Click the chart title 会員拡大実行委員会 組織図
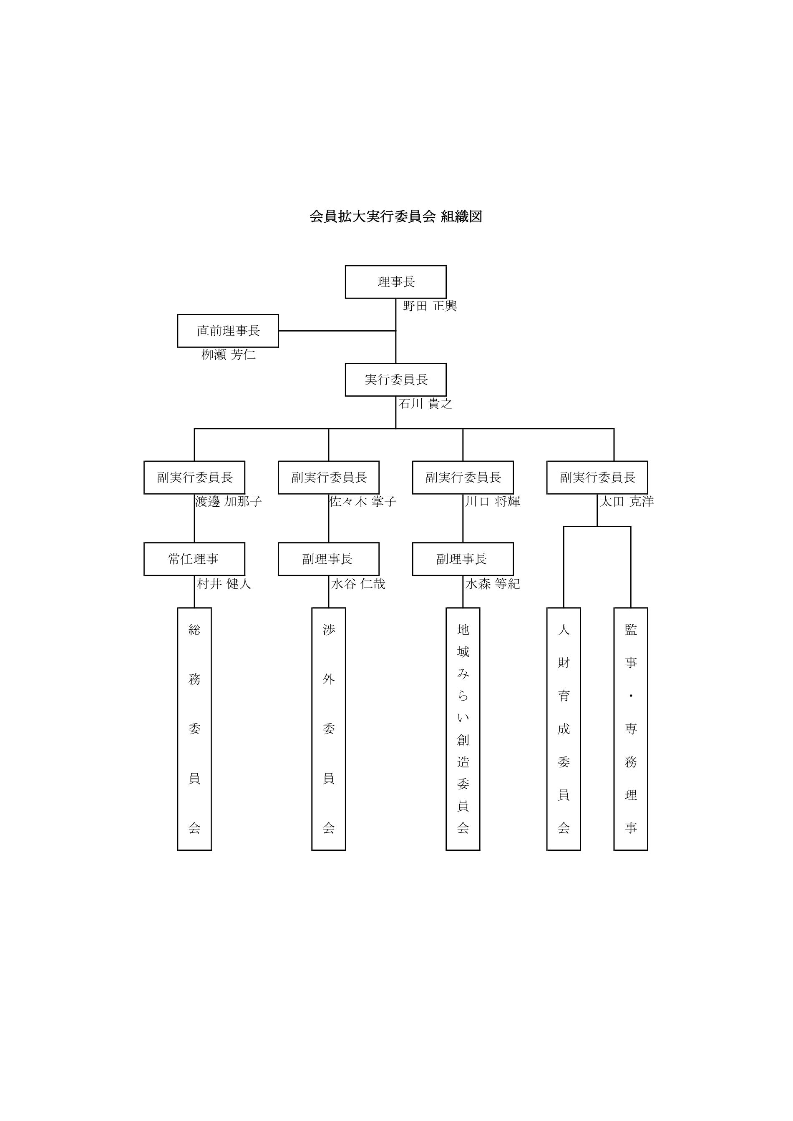(x=395, y=216)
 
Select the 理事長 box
(x=395, y=282)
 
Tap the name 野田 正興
(x=430, y=306)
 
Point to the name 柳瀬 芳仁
(x=229, y=355)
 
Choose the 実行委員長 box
(x=395, y=380)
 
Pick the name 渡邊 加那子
(x=229, y=501)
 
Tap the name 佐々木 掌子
(x=363, y=501)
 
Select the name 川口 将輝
(x=492, y=501)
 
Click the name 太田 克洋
(x=627, y=501)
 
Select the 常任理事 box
(x=194, y=559)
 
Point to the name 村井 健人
(x=224, y=584)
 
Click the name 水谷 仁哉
(x=358, y=584)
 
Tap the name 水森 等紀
(x=492, y=584)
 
